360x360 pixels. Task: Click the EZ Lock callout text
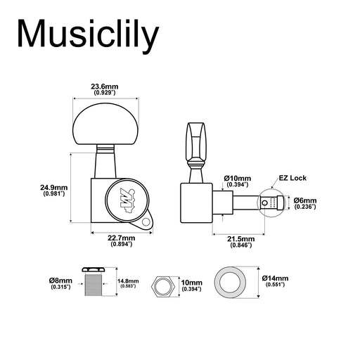292,179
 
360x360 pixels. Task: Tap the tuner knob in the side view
198,141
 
